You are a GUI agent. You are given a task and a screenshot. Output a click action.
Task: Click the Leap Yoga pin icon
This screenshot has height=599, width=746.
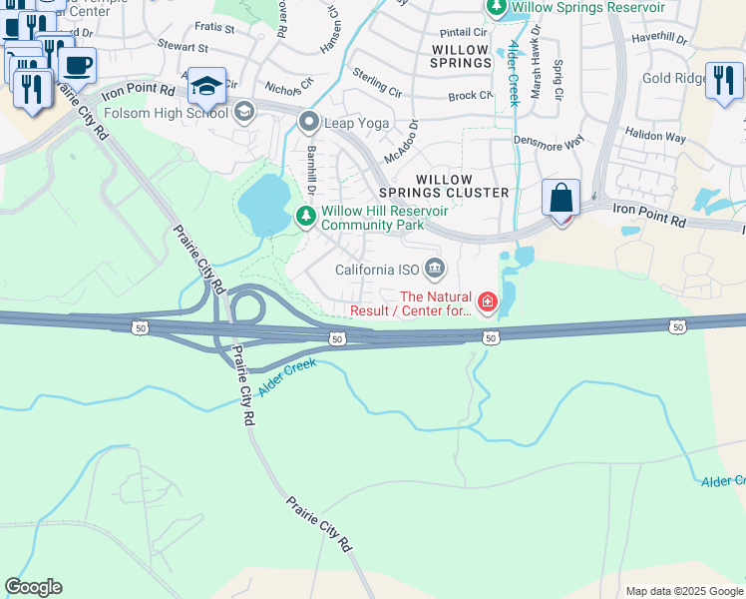click(x=308, y=123)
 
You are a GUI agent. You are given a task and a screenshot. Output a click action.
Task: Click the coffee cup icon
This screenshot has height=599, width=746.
click(x=77, y=66)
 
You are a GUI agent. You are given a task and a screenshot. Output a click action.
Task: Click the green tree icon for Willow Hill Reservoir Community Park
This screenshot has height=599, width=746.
click(x=306, y=215)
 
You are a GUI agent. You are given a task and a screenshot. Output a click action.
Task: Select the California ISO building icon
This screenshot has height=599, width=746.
click(x=435, y=269)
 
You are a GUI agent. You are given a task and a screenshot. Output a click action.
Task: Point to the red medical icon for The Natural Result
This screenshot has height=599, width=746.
click(x=488, y=301)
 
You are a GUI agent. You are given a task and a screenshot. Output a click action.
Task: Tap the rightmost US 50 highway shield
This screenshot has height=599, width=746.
click(x=678, y=326)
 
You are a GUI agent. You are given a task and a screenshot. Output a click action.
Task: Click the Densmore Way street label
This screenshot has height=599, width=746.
click(x=548, y=144)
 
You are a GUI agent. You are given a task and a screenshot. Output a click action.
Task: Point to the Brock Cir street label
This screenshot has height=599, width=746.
click(x=470, y=96)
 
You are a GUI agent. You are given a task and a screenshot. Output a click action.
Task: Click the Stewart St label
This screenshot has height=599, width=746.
click(x=184, y=47)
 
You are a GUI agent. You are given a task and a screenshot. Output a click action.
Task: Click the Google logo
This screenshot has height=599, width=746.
click(x=33, y=587)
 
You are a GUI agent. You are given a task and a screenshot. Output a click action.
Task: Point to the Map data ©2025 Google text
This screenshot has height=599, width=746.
click(x=683, y=591)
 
